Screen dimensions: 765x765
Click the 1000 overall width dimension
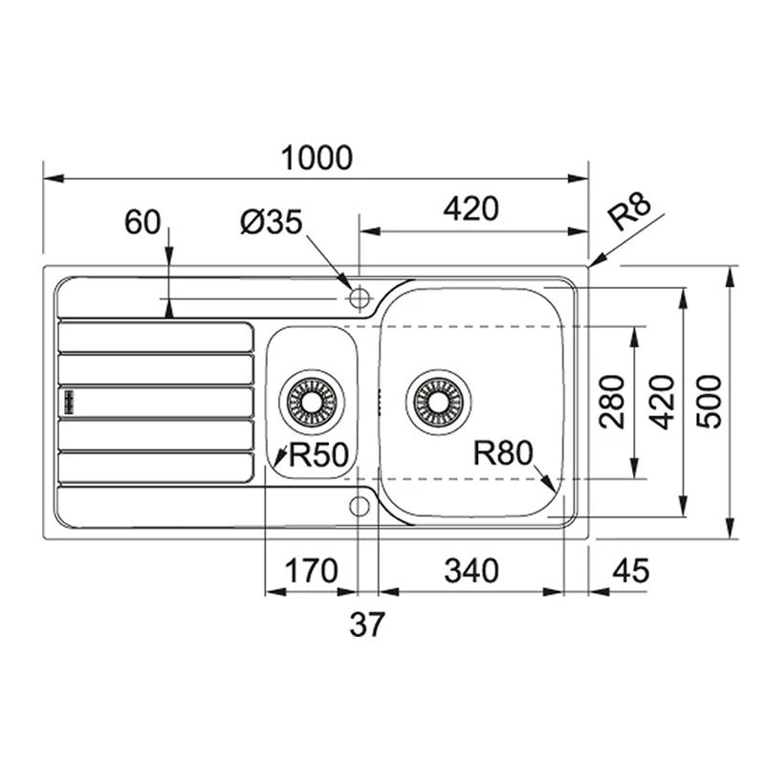317,158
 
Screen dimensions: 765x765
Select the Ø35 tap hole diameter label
271,224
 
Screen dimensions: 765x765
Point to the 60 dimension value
142,223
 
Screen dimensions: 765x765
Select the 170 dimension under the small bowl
312,571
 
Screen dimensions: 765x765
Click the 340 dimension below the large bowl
470,571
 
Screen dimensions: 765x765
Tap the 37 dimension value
365,625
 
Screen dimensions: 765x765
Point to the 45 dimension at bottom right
629,571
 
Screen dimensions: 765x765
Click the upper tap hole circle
360,298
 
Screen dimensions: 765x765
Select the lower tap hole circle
360,505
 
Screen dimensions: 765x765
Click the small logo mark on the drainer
69,401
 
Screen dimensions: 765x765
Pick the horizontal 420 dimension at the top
470,208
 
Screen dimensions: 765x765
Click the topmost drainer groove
156,337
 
